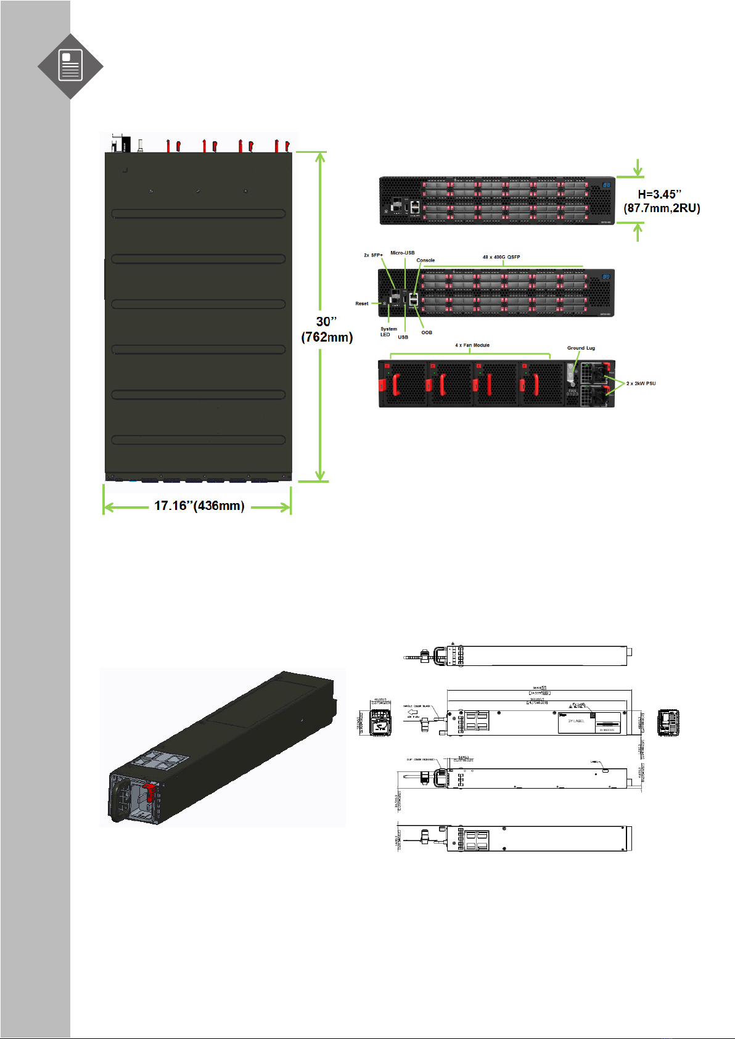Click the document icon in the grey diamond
pos(70,66)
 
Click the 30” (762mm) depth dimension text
pos(327,329)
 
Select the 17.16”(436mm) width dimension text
pos(199,506)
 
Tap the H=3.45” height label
pos(659,194)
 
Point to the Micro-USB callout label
pos(402,253)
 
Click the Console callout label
pos(425,260)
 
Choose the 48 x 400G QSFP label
pos(501,257)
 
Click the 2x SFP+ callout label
pos(373,255)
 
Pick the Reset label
pos(362,303)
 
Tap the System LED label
pos(388,332)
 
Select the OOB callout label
pos(427,332)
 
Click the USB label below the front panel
pos(403,337)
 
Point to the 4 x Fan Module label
pos(472,345)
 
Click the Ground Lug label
pos(581,348)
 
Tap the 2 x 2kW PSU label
pos(641,384)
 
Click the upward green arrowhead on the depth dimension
pos(320,156)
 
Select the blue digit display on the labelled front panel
pos(606,277)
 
